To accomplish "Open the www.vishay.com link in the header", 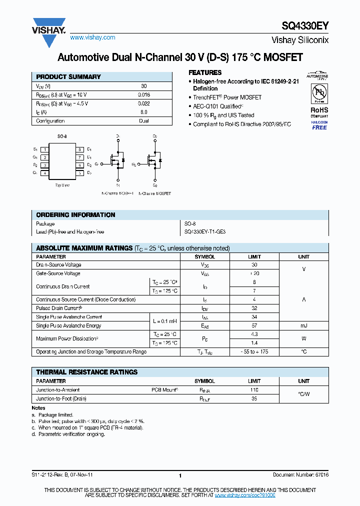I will click(x=92, y=37).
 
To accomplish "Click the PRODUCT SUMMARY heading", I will click(x=68, y=77).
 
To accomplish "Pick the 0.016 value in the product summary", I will click(x=143, y=94).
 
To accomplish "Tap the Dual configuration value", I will click(x=143, y=121).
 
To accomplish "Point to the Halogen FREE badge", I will click(x=319, y=125).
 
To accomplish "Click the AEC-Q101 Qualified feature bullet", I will click(x=217, y=106).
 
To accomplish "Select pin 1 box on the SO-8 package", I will click(x=45, y=149).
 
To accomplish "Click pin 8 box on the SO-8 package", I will click(x=79, y=149).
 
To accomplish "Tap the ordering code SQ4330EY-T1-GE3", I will click(x=205, y=232).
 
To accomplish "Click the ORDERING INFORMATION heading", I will click(x=75, y=215).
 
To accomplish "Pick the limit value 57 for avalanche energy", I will click(x=254, y=325).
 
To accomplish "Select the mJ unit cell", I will click(x=303, y=325).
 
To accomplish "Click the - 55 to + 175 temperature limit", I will click(x=254, y=352).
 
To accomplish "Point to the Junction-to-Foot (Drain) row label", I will click(x=61, y=398).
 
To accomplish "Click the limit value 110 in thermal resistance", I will click(x=254, y=389).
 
